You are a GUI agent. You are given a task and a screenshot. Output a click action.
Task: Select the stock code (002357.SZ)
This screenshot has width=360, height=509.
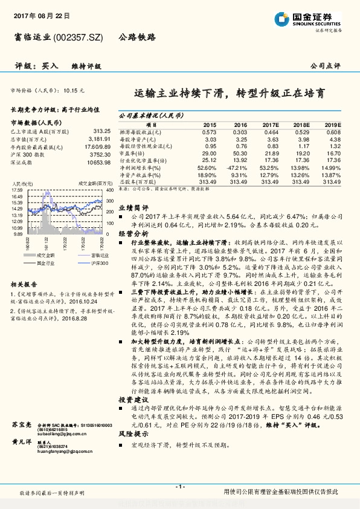coord(79,37)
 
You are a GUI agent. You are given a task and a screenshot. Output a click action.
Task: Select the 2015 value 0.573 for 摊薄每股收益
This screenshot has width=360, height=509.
coord(209,131)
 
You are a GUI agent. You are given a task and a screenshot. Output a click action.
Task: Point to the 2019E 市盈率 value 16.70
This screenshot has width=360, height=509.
coord(333,155)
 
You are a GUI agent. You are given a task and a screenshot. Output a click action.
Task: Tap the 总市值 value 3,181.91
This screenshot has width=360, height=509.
coord(100,138)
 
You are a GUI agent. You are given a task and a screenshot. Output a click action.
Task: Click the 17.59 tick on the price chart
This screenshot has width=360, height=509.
coord(16,190)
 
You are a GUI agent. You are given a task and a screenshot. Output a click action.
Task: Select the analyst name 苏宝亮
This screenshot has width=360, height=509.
coord(22,426)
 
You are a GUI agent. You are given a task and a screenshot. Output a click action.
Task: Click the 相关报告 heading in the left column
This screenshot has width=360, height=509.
coord(24,284)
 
